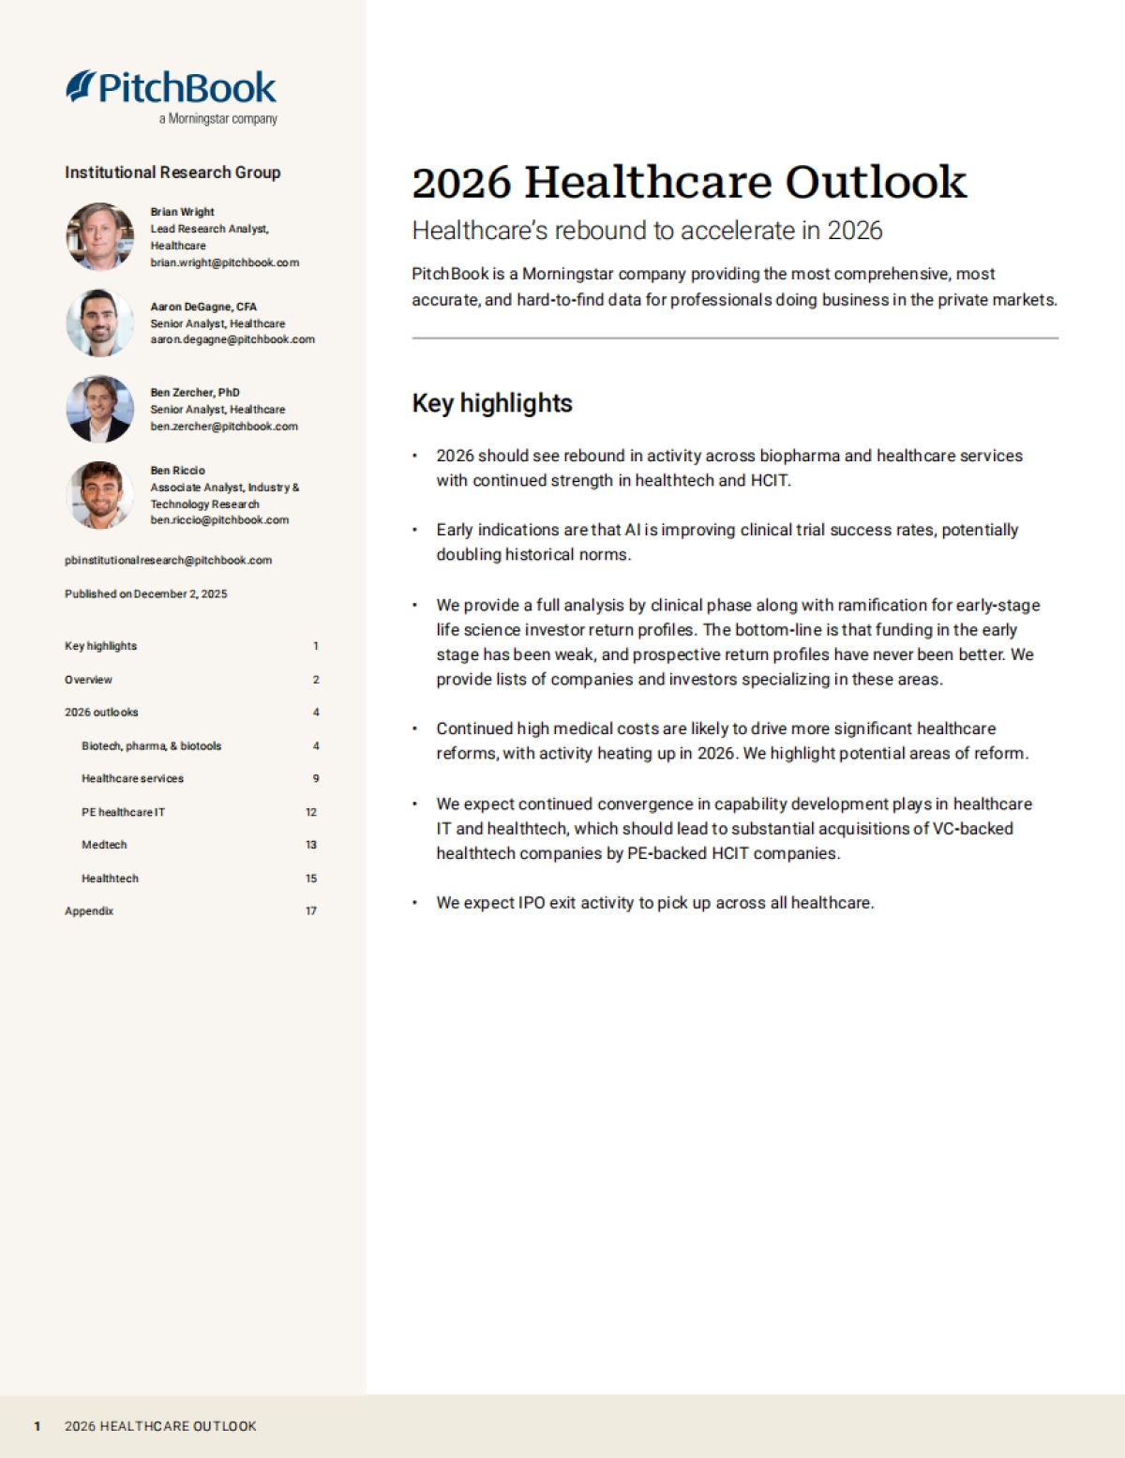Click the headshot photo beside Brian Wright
click(99, 236)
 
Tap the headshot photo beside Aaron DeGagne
click(99, 323)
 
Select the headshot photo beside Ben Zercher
click(99, 409)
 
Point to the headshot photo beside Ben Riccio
click(99, 494)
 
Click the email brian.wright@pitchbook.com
click(224, 263)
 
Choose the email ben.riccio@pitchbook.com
click(219, 520)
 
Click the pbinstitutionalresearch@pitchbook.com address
click(168, 561)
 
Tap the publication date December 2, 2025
click(180, 594)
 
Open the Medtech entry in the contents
click(104, 845)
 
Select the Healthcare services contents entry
click(132, 778)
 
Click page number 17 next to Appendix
click(311, 910)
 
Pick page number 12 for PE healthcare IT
click(311, 812)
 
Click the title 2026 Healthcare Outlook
click(688, 182)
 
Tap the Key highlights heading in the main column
click(492, 403)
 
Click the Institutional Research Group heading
click(172, 173)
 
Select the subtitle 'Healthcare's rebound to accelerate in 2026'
click(647, 231)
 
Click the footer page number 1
click(37, 1426)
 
